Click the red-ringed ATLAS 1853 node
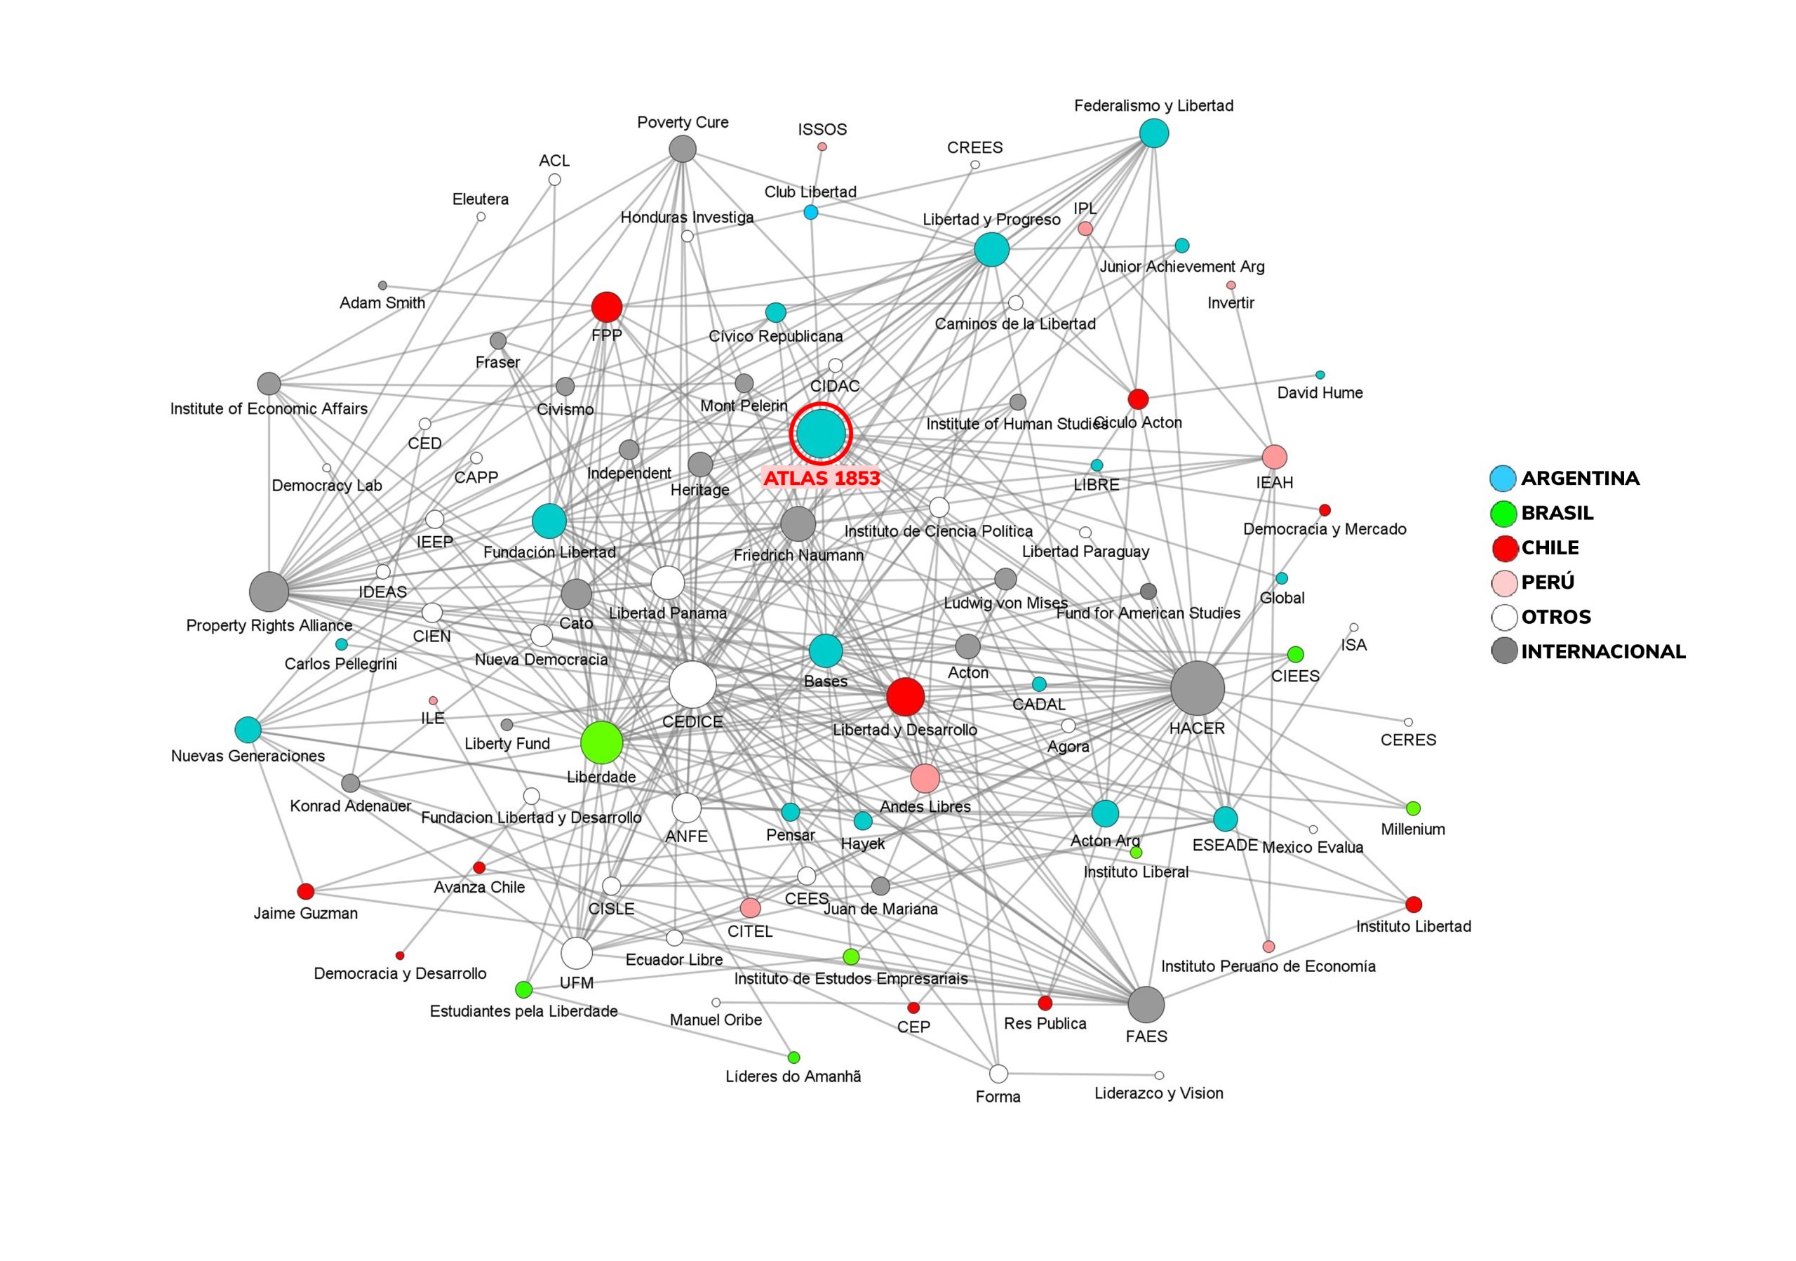tap(821, 432)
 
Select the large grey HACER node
tap(1197, 688)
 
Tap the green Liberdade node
tap(601, 742)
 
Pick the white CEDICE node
tap(692, 684)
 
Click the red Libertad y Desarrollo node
tap(905, 696)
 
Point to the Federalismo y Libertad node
tap(1154, 134)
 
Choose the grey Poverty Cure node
tap(683, 149)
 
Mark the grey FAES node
tap(1146, 1004)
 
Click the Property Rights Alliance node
tap(269, 592)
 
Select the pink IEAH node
tap(1274, 457)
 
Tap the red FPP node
tap(607, 307)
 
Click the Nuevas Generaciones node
tap(248, 730)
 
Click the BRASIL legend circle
tap(1503, 514)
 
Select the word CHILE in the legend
tap(1550, 547)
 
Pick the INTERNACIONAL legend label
tap(1603, 652)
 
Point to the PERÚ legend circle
tap(1503, 582)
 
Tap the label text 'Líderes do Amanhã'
tap(793, 1076)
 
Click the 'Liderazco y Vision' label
tap(1158, 1093)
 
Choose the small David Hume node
tap(1320, 375)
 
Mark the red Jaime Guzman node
tap(306, 891)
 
